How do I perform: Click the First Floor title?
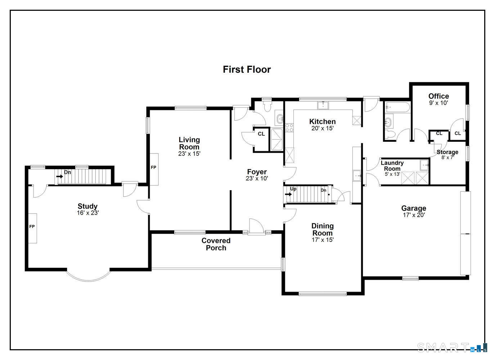click(247, 69)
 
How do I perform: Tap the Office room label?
click(438, 96)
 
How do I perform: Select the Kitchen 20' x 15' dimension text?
click(323, 128)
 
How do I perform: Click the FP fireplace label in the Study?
click(32, 226)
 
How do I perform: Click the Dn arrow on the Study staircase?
click(60, 176)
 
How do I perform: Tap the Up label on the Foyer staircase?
click(293, 189)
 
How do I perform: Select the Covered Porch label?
click(216, 244)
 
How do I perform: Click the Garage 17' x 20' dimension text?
click(414, 215)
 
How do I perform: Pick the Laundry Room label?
click(392, 166)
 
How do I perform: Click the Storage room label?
click(447, 152)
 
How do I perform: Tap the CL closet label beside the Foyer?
click(261, 134)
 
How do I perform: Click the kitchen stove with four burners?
click(289, 128)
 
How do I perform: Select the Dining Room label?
click(323, 229)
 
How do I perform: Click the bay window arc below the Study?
click(89, 280)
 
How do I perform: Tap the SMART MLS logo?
click(452, 347)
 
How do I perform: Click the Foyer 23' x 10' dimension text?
click(257, 178)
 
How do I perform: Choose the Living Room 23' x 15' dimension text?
click(189, 154)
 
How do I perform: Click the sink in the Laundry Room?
click(424, 165)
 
